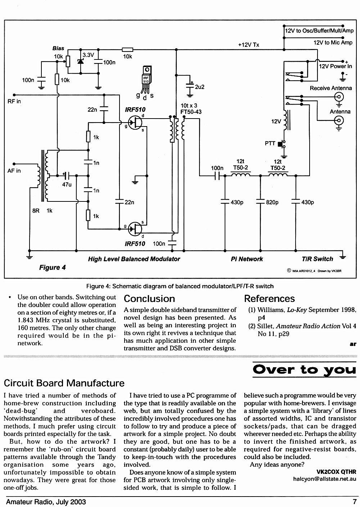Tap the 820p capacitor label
coord(272,203)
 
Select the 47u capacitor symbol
coord(67,175)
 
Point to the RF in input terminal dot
coord(14,95)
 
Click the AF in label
coord(14,171)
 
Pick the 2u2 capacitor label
coord(200,87)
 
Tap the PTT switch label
coord(270,143)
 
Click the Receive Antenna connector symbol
coord(339,97)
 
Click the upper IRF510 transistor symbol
coord(135,123)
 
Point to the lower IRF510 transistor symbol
coord(135,229)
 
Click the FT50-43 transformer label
coord(191,112)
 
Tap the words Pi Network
coord(247,259)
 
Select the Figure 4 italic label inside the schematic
coord(53,267)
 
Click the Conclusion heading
coord(149,299)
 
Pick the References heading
coord(269,299)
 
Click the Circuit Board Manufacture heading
coord(64,383)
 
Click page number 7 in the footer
coord(354,502)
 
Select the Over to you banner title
coord(304,370)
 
